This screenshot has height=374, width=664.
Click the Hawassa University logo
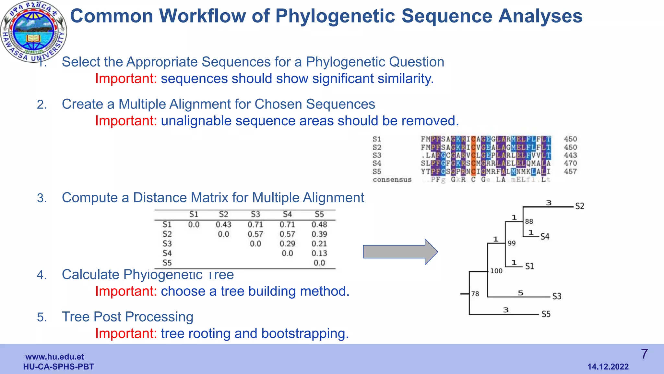[x=34, y=32]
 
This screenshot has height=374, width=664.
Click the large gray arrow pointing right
[x=400, y=252]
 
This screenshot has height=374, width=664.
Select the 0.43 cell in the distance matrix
[x=223, y=224]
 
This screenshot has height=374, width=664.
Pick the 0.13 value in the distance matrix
[x=319, y=253]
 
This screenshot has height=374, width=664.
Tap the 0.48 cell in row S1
[x=319, y=224]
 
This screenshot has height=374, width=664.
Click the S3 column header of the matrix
[x=255, y=214]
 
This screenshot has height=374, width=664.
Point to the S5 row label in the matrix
[x=167, y=263]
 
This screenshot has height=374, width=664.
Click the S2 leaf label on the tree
[x=579, y=206]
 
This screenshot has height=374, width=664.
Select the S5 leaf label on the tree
[x=546, y=314]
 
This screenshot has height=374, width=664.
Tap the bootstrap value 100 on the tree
[x=496, y=271]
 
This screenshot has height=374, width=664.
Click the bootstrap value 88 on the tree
[x=529, y=221]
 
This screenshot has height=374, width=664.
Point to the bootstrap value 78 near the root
[x=475, y=294]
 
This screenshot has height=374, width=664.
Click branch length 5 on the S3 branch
[x=520, y=293]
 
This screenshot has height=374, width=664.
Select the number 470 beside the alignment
[x=570, y=163]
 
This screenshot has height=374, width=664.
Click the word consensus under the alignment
[x=392, y=180]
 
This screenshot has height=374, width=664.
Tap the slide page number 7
[x=645, y=354]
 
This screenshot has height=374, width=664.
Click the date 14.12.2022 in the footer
[x=608, y=367]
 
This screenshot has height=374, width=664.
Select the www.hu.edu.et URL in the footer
[x=54, y=357]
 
